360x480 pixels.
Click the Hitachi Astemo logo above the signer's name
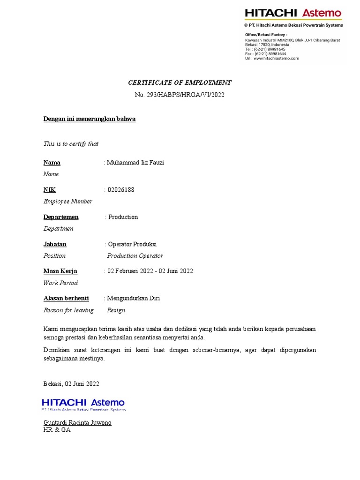coord(83,403)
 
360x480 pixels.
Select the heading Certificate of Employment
coord(180,82)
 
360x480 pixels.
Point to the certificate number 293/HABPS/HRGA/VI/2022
coord(180,95)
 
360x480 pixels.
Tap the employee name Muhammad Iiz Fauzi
coord(135,163)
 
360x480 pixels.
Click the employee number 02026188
coord(121,190)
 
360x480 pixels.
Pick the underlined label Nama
coord(52,163)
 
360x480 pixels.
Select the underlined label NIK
coord(50,190)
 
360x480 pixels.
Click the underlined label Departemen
coord(61,217)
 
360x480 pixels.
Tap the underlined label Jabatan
coord(55,244)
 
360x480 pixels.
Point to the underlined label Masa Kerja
coord(60,271)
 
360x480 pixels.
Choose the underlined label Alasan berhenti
coord(66,298)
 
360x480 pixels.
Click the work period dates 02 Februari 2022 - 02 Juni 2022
coord(150,271)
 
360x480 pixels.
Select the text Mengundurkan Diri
coord(134,298)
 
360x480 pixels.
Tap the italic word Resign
coord(116,310)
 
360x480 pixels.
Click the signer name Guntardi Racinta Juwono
coord(77,422)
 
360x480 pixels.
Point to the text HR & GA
coord(57,429)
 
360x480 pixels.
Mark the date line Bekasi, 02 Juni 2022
coord(71,383)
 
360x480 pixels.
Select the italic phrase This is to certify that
coord(71,144)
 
